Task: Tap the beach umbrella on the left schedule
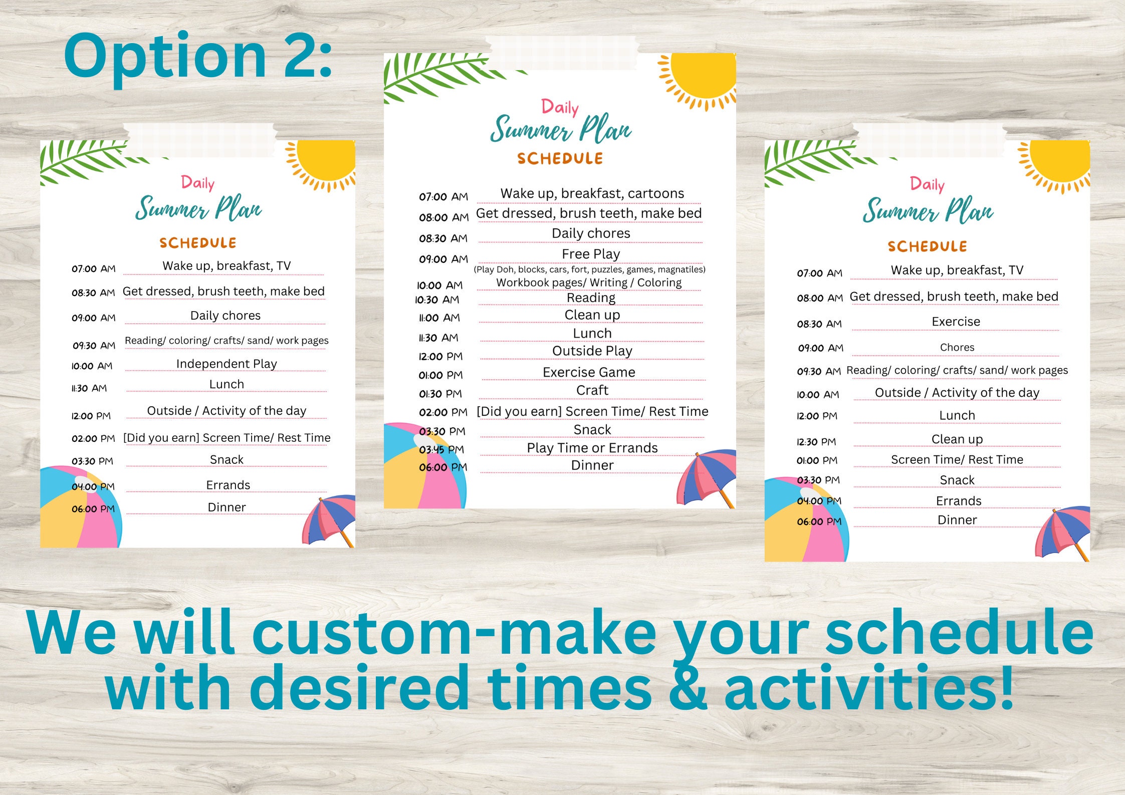click(330, 518)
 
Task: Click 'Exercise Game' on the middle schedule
click(589, 372)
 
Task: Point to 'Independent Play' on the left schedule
click(227, 364)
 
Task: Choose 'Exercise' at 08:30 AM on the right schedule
click(956, 322)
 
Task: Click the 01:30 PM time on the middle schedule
click(440, 394)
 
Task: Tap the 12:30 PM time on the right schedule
click(816, 442)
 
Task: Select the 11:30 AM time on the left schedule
click(89, 388)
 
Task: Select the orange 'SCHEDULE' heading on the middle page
click(560, 159)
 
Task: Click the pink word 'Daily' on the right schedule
click(927, 184)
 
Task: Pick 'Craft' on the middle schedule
click(592, 390)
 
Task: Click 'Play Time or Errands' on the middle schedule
click(592, 448)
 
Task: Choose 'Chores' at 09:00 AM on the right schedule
click(957, 347)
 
